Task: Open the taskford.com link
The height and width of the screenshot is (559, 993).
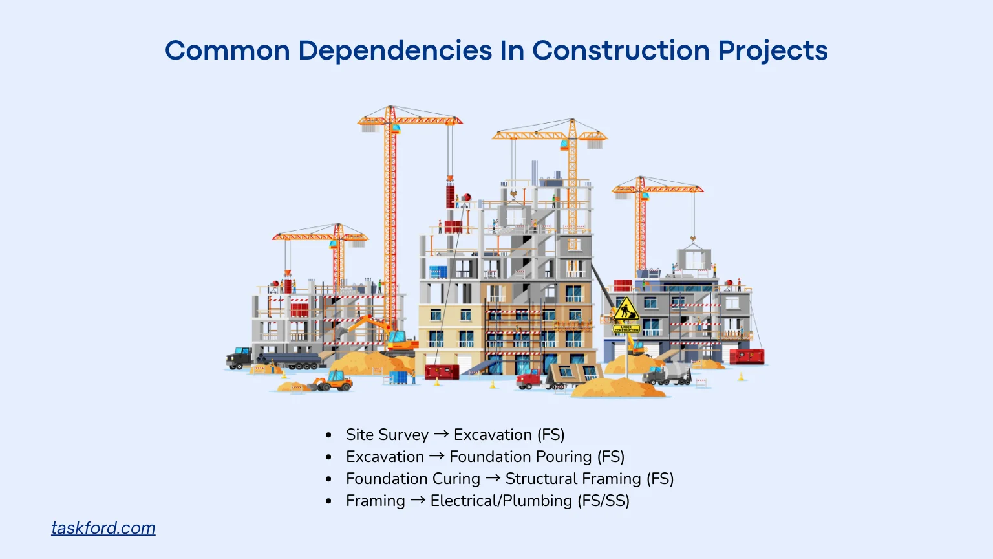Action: point(103,528)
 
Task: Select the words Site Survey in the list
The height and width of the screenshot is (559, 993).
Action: point(387,435)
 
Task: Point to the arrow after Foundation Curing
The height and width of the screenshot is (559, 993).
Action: point(493,478)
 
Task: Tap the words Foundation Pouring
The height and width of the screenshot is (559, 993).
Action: point(520,457)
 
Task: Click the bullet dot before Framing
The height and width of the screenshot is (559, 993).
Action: point(329,501)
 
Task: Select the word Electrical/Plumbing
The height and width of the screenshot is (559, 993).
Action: point(501,501)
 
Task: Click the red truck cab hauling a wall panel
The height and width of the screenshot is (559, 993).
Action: point(528,379)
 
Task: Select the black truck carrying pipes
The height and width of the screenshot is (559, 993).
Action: point(240,357)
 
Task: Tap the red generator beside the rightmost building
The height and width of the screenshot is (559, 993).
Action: point(747,356)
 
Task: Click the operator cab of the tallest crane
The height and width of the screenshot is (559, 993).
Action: point(394,129)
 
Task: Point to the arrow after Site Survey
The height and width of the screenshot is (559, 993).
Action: point(442,434)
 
